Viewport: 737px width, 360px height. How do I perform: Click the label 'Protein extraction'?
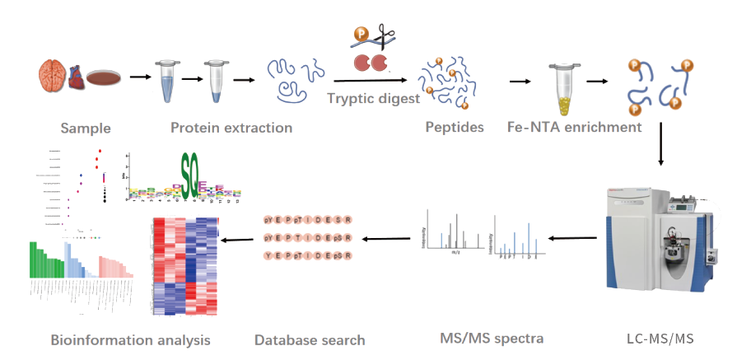[x=231, y=128]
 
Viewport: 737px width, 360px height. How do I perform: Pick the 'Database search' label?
[x=309, y=339]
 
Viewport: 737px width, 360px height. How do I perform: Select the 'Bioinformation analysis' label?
[x=130, y=339]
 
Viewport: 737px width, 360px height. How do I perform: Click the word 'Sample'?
[x=85, y=129]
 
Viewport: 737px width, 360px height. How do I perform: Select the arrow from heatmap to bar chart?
[x=240, y=240]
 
